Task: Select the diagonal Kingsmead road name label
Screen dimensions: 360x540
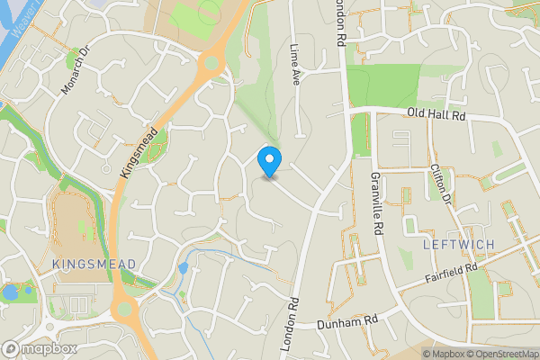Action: [138, 152]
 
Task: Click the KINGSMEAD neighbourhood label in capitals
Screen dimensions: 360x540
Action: [94, 264]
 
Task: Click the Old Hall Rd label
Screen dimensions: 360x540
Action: [436, 115]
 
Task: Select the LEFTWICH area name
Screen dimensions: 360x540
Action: [457, 245]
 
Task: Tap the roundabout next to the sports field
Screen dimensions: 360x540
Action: [213, 62]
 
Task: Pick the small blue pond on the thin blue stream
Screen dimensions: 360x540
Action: [184, 268]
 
